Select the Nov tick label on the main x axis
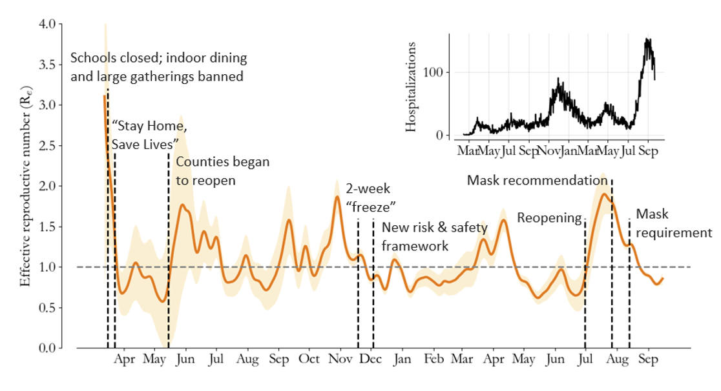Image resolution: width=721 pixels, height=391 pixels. point(340,359)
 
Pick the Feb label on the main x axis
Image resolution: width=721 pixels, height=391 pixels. point(434,359)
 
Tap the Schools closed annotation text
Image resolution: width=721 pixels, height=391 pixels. point(158,67)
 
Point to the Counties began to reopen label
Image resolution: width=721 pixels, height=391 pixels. point(222,171)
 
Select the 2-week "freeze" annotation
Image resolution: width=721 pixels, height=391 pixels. point(371,197)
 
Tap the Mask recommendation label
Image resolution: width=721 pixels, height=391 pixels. point(538,179)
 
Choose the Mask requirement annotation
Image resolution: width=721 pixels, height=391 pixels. point(673,223)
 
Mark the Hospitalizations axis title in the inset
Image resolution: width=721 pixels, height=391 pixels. point(412,86)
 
